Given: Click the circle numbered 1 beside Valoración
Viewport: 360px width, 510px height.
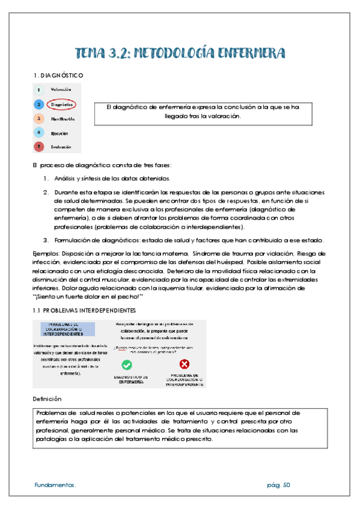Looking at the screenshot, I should [38, 90].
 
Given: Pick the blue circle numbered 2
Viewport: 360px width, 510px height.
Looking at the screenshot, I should [38, 104].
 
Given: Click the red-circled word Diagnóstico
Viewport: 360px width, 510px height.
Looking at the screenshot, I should [61, 104].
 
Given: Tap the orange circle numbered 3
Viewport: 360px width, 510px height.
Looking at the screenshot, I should [38, 118].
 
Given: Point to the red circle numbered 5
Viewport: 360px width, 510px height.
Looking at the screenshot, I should [38, 146].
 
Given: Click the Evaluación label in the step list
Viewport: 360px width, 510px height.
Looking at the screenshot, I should [61, 146].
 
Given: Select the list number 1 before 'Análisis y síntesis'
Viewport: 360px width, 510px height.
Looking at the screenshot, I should [46, 178].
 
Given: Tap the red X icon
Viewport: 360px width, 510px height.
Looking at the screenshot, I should [185, 364].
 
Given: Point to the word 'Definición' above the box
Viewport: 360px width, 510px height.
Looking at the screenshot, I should [46, 399].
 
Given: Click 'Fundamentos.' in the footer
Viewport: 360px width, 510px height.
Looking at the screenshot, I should [55, 485].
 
